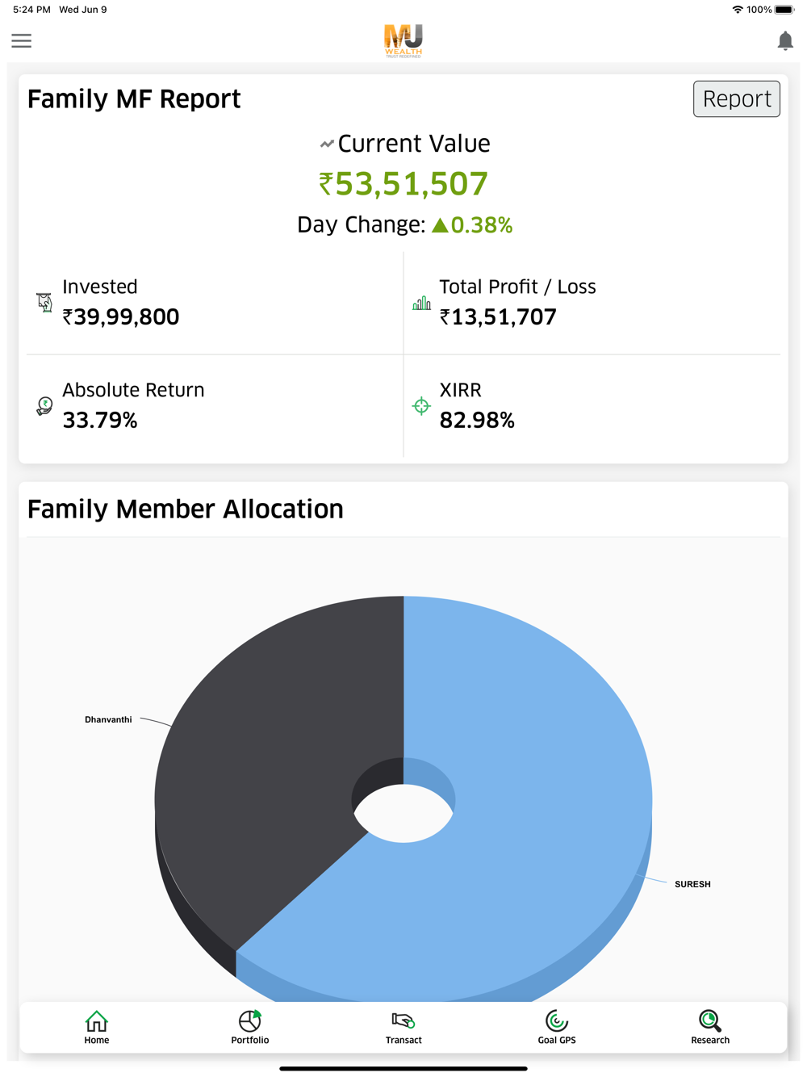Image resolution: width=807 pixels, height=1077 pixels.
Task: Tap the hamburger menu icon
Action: point(22,41)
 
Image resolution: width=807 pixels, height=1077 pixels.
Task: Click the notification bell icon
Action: point(784,41)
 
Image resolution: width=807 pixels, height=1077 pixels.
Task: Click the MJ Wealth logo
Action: point(403,40)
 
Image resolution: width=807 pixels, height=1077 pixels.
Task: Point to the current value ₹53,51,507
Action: point(403,184)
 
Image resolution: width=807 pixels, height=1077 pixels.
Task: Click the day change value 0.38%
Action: point(481,225)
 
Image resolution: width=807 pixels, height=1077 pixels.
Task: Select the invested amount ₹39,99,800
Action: point(121,317)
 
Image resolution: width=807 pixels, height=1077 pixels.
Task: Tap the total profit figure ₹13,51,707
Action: point(498,317)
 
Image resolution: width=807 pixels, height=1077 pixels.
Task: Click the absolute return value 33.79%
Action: point(100,421)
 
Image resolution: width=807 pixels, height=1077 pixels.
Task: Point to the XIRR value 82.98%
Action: point(476,421)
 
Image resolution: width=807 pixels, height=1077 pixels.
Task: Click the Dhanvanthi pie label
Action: point(108,719)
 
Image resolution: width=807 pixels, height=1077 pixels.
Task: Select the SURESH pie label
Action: point(692,884)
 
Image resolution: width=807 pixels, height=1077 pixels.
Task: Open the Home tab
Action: point(97,1027)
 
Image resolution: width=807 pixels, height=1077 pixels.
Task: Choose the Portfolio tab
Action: point(250,1027)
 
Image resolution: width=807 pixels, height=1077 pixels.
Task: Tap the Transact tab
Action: point(403,1027)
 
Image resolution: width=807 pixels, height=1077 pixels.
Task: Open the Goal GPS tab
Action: point(557,1027)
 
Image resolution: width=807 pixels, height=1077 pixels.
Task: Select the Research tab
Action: point(710,1027)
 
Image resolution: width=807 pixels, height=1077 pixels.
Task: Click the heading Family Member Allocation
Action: point(186,509)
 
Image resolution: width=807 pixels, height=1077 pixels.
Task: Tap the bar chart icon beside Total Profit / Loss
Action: point(421,304)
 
